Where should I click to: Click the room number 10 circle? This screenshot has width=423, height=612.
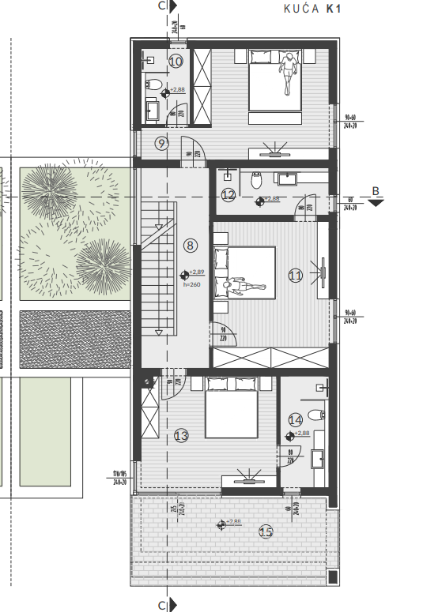(x=176, y=60)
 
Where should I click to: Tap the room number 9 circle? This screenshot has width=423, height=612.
(x=161, y=143)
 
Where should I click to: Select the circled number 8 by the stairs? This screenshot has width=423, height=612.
(x=190, y=245)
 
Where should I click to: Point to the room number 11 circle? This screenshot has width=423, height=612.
(x=296, y=276)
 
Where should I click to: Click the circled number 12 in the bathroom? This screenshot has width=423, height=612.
(x=228, y=195)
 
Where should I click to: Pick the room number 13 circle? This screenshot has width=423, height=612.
(x=181, y=435)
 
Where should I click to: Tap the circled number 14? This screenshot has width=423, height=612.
(x=296, y=419)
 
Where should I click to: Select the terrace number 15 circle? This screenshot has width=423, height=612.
(x=266, y=531)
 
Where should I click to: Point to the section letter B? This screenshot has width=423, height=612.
(x=376, y=190)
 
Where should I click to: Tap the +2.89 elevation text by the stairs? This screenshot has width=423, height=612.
(x=197, y=272)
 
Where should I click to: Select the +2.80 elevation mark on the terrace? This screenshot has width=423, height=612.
(x=234, y=522)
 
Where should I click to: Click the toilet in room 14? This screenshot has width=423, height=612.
(x=315, y=415)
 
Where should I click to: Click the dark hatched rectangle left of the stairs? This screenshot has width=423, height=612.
(x=74, y=340)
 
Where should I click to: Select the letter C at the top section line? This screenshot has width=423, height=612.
(x=162, y=6)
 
